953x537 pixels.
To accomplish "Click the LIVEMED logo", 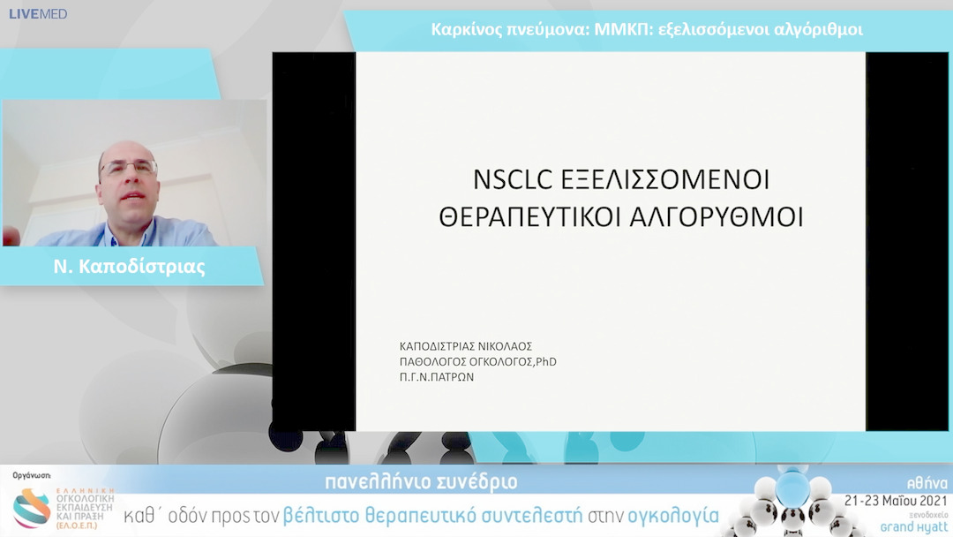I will coord(38,14).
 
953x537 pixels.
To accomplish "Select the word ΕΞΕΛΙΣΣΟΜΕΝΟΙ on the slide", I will coord(665,179).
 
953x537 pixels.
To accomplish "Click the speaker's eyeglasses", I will coord(129,167).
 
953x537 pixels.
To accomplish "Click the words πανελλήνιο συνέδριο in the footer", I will coord(421,482).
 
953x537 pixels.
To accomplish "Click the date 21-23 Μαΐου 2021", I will coord(896,499).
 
